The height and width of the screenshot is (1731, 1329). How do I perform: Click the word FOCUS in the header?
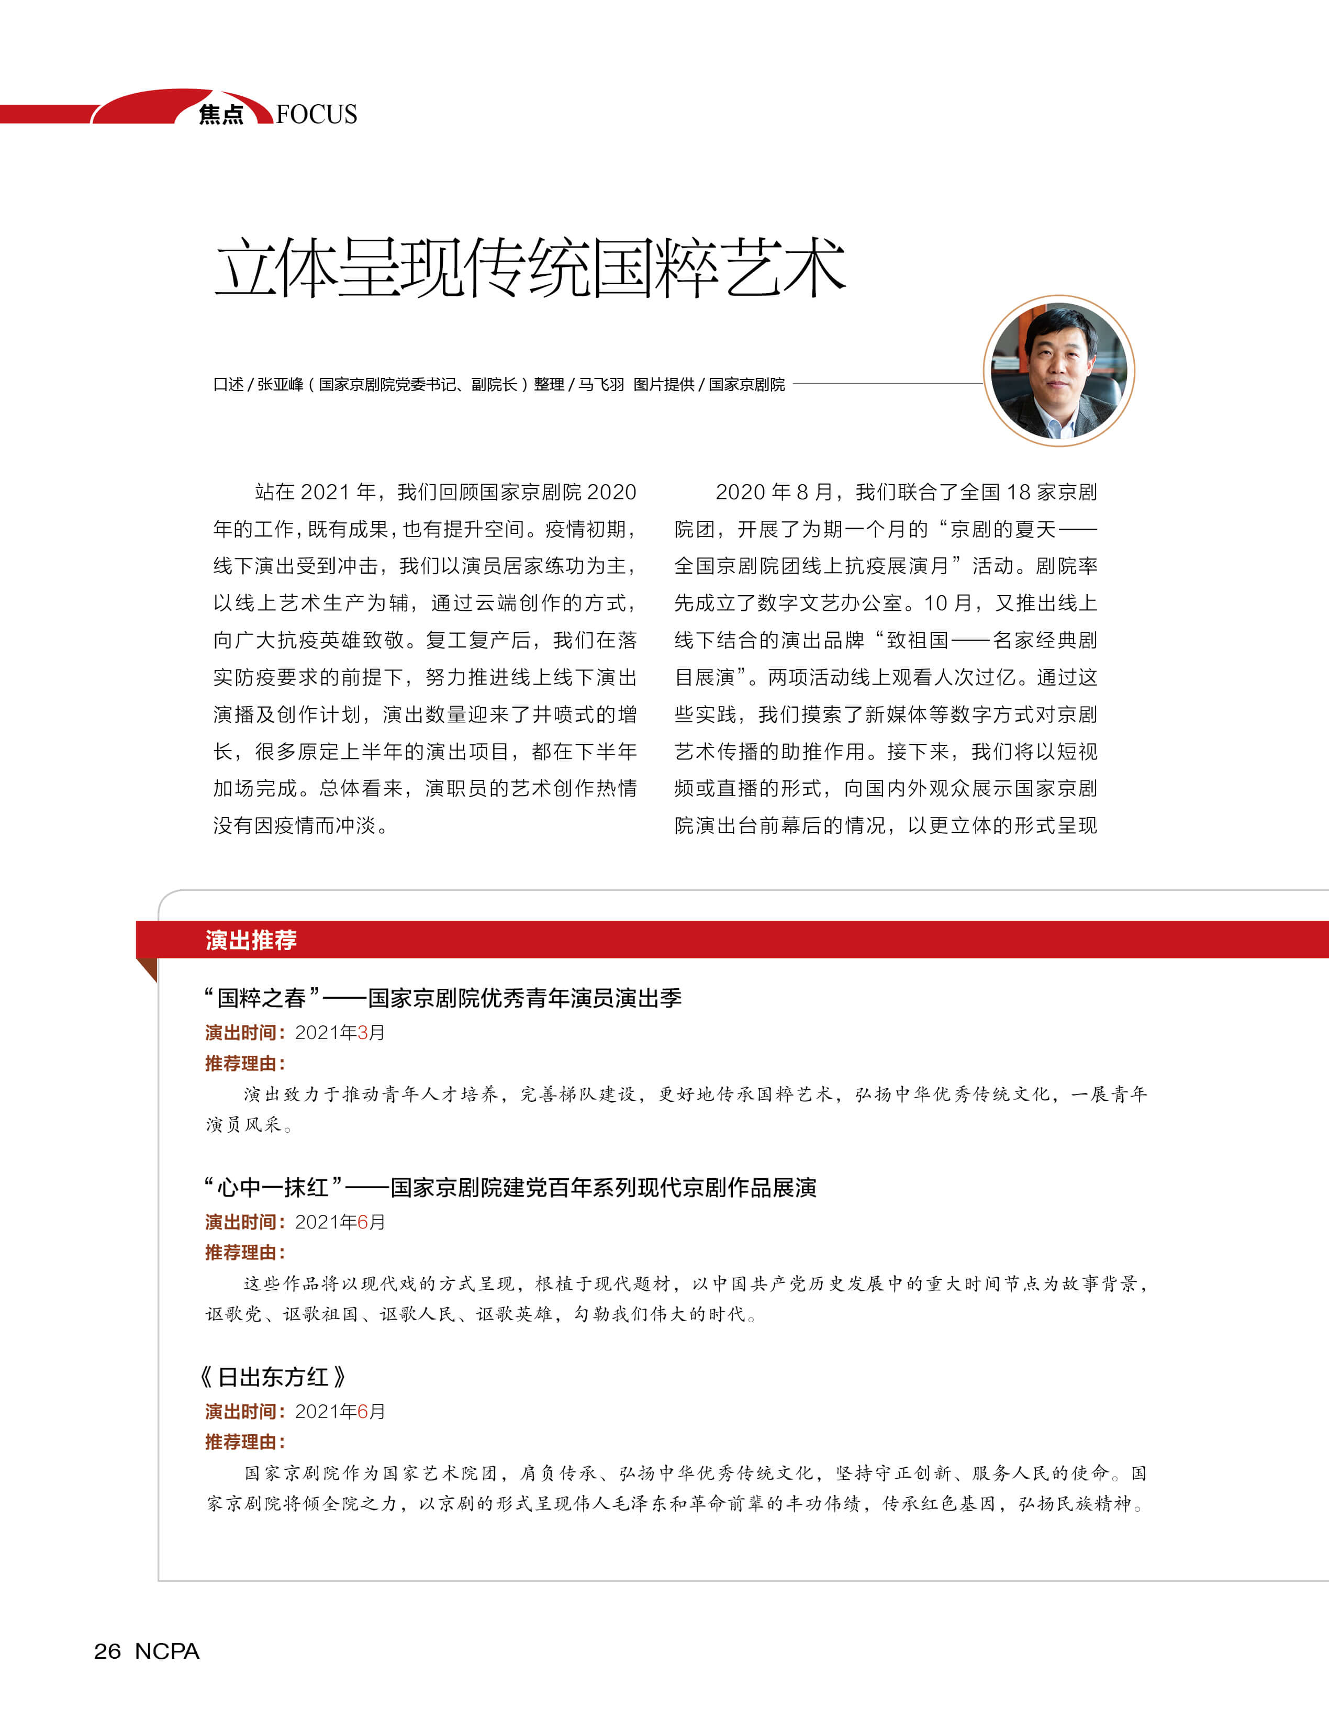[x=317, y=115]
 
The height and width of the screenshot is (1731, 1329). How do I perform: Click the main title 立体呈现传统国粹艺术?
[x=530, y=268]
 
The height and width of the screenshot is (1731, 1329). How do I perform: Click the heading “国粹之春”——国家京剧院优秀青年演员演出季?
[x=443, y=998]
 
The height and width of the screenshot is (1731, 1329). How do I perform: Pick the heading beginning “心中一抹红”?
[x=510, y=1188]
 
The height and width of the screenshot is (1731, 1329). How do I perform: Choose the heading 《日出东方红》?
[x=273, y=1377]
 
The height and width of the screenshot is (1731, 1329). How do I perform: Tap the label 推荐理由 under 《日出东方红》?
[x=244, y=1442]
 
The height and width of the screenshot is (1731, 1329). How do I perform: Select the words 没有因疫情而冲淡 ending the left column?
[x=300, y=826]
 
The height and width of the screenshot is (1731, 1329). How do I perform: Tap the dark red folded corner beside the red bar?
[x=148, y=969]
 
